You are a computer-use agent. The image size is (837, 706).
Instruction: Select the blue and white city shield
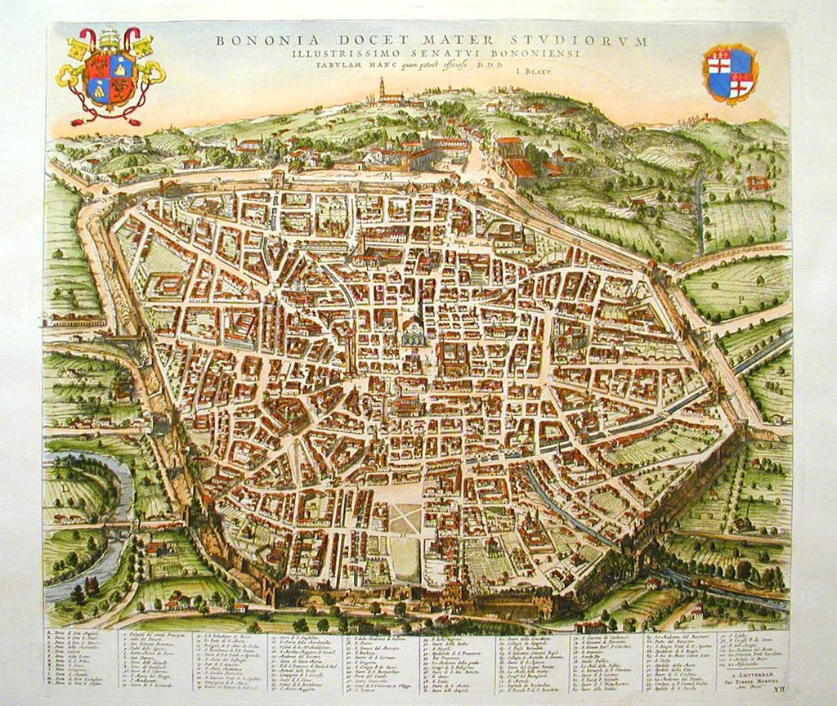tap(731, 74)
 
